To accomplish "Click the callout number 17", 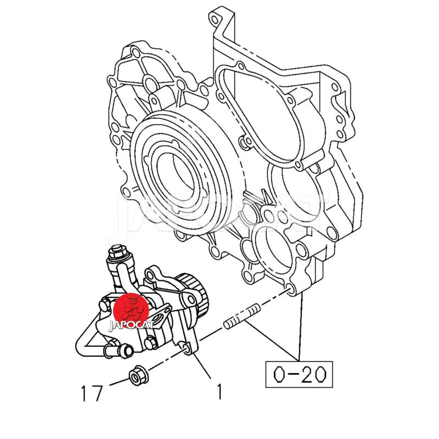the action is (x=92, y=393).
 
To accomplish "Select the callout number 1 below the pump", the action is (x=219, y=391).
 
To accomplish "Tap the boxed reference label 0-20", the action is (x=299, y=374).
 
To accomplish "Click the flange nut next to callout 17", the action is (x=138, y=376).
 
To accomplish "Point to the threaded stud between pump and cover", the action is (x=242, y=317).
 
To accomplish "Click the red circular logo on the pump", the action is (x=131, y=311).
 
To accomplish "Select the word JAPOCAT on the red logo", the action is (x=131, y=325).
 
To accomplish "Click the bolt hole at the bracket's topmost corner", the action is (x=214, y=19).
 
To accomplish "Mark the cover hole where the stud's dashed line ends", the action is (x=291, y=290).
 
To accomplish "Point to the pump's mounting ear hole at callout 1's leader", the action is (x=186, y=348).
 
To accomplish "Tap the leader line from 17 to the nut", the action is (x=119, y=382).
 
